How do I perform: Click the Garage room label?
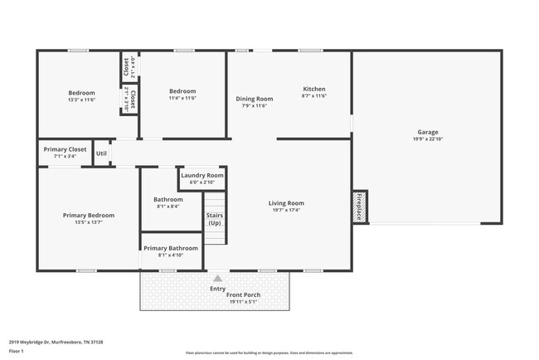(427, 132)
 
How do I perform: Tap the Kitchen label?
(314, 89)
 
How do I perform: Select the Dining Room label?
(255, 99)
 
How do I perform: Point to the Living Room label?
(286, 203)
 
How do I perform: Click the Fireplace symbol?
(359, 206)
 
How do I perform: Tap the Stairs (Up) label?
(215, 219)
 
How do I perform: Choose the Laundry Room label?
(202, 176)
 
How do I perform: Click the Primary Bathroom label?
(171, 248)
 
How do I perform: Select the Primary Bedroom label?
(89, 216)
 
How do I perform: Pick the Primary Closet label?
(65, 149)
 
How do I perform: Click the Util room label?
(101, 153)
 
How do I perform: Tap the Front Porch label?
(245, 294)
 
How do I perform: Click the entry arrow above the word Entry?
(217, 280)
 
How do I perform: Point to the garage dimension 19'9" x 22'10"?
(427, 139)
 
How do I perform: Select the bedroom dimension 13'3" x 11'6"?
(81, 100)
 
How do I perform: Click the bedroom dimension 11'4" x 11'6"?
(182, 99)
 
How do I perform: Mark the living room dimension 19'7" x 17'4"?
(286, 211)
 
